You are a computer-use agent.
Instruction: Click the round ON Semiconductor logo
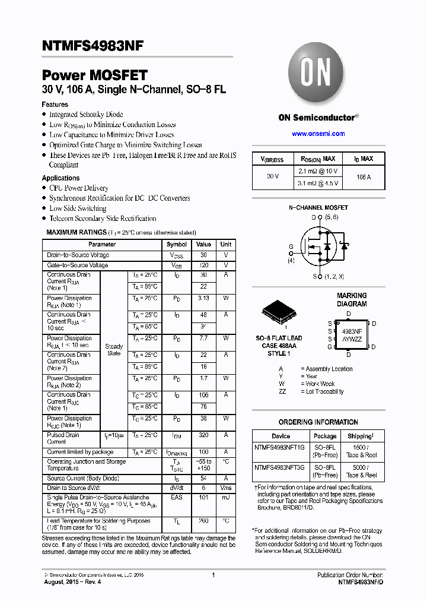[x=318, y=73]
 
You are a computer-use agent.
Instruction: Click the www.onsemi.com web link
[x=318, y=134]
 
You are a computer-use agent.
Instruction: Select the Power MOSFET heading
[x=94, y=76]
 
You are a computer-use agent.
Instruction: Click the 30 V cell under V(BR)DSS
[x=273, y=177]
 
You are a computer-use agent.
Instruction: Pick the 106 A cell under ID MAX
[x=364, y=177]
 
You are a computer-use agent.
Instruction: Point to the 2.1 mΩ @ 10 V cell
[x=318, y=171]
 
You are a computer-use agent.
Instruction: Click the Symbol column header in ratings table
[x=176, y=244]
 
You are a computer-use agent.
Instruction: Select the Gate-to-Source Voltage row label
[x=77, y=265]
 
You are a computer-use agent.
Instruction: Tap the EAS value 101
[x=203, y=497]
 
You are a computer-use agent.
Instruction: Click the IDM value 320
[x=203, y=435]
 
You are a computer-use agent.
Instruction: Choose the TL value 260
[x=203, y=521]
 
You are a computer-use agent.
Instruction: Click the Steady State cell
[x=114, y=350]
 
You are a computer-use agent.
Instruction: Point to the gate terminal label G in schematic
[x=291, y=246]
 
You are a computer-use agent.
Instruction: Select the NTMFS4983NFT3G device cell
[x=279, y=467]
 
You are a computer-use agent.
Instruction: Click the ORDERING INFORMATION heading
[x=318, y=422]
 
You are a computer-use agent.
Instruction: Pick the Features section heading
[x=55, y=105]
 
